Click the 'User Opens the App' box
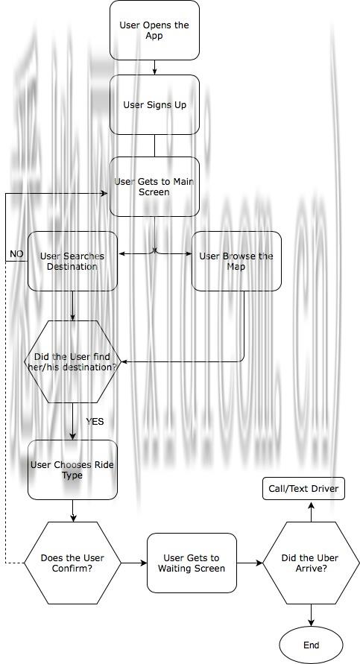[x=154, y=30]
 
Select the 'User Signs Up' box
[x=154, y=104]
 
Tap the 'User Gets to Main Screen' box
[x=154, y=187]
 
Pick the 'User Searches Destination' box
[x=72, y=262]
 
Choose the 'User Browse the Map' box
[x=236, y=262]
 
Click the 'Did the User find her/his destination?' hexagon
[x=72, y=361]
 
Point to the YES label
[x=95, y=422]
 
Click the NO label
[x=16, y=254]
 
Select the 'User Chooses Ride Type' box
[x=72, y=470]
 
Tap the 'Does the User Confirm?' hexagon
[x=72, y=563]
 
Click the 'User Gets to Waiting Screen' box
[x=192, y=563]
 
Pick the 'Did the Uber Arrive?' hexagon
[x=311, y=563]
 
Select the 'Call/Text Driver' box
[x=303, y=489]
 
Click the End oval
[x=311, y=645]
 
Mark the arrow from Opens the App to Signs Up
[x=154, y=67]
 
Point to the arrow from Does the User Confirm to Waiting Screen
[x=134, y=563]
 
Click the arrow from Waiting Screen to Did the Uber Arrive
[x=250, y=563]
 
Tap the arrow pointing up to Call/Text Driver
[x=311, y=511]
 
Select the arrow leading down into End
[x=311, y=616]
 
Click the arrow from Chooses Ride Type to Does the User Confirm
[x=72, y=510]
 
